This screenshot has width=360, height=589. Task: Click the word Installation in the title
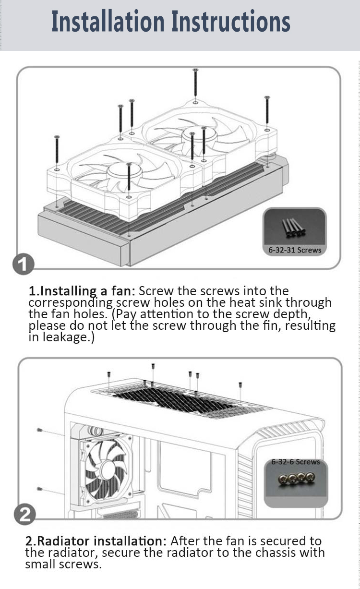pos(108,21)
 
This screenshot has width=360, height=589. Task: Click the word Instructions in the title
pos(231,21)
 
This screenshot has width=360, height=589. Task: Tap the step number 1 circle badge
pos(24,264)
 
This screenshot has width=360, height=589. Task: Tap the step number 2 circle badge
pos(24,514)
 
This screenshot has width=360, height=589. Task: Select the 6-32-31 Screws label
pos(295,250)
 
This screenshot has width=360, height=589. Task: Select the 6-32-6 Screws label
pos(296,462)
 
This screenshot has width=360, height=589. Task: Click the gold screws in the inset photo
pos(296,478)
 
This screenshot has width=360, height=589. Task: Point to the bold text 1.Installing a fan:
pos(82,291)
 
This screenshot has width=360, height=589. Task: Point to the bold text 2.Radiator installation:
pos(96,541)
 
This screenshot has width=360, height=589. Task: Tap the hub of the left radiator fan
pos(124,172)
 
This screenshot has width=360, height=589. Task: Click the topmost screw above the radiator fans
pos(195,83)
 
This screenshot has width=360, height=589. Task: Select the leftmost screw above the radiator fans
pos(57,150)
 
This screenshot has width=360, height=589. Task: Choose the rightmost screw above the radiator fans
pos(267,110)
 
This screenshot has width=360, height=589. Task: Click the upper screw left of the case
pos(40,430)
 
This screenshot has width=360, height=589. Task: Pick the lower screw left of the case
pos(40,489)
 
